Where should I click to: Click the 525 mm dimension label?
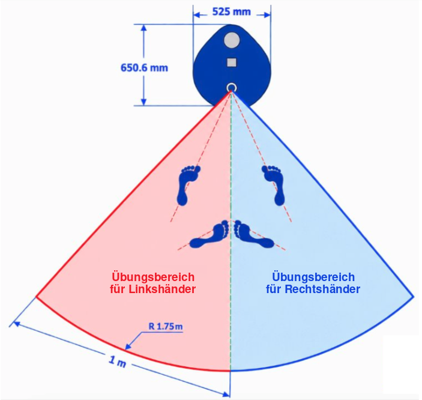pyautogui.click(x=232, y=12)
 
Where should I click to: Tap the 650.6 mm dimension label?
pyautogui.click(x=144, y=68)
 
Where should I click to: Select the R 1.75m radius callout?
pyautogui.click(x=166, y=327)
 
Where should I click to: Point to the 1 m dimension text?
pyautogui.click(x=117, y=362)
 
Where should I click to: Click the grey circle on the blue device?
pyautogui.click(x=232, y=40)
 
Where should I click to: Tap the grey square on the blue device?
pyautogui.click(x=232, y=62)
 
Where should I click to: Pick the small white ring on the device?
pyautogui.click(x=231, y=88)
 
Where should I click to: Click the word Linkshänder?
pyautogui.click(x=162, y=289)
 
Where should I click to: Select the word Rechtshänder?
pyautogui.click(x=322, y=289)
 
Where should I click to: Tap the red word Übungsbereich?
pyautogui.click(x=153, y=277)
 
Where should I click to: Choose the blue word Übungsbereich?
pyautogui.click(x=313, y=277)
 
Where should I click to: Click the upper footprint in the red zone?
pyautogui.click(x=188, y=186)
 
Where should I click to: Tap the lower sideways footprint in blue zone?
pyautogui.click(x=253, y=235)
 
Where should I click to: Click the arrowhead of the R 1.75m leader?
pyautogui.click(x=128, y=347)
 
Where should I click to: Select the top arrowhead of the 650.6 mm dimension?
pyautogui.click(x=144, y=29)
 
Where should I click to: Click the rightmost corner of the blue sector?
pyautogui.click(x=414, y=297)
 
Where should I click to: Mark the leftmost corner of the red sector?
pyautogui.click(x=36, y=297)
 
